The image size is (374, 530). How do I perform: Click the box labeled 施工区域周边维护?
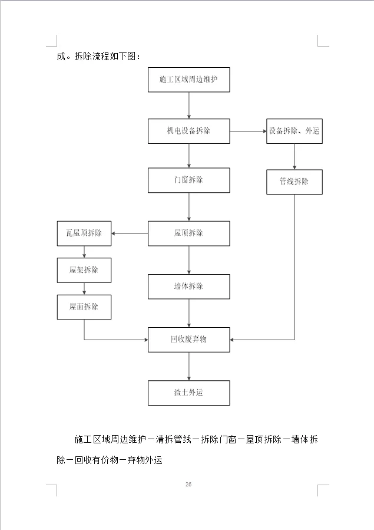[x=188, y=80]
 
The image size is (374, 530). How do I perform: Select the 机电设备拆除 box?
[x=188, y=131]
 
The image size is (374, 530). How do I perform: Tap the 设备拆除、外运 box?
[x=294, y=131]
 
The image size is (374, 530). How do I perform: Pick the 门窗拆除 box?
[x=188, y=180]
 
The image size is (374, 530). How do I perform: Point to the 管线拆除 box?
[x=294, y=182]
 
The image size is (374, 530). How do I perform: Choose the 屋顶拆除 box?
[x=188, y=233]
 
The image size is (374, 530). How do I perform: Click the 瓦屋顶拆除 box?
[x=84, y=233]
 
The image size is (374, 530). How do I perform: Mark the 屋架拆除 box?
[x=84, y=270]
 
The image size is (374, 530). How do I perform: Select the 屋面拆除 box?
[x=84, y=307]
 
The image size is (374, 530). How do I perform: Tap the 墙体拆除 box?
[x=188, y=287]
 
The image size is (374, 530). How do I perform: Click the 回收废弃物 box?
[x=188, y=340]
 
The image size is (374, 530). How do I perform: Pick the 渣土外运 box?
[x=188, y=393]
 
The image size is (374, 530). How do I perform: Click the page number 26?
[x=188, y=485]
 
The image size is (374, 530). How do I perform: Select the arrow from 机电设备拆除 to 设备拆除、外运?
[x=248, y=131]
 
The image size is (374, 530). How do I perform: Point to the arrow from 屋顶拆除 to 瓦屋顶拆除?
[x=130, y=233]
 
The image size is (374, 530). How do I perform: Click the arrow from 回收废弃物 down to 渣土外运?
[x=188, y=366]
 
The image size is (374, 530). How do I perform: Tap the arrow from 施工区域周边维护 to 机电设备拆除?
[x=188, y=106]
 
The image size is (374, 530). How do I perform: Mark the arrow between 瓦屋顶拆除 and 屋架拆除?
[x=84, y=252]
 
